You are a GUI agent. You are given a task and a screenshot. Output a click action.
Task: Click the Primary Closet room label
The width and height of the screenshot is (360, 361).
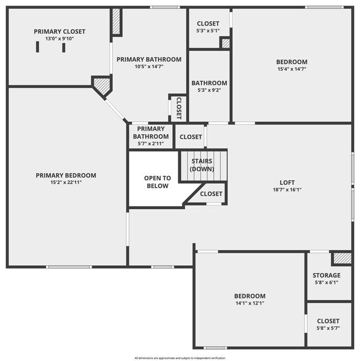click(x=60, y=32)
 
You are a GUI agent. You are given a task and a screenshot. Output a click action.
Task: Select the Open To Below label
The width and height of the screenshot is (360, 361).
click(x=157, y=182)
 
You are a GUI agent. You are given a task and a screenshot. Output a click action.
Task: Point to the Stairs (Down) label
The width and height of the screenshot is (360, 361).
click(x=202, y=165)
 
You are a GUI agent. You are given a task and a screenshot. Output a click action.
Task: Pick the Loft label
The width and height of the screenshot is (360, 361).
click(x=287, y=182)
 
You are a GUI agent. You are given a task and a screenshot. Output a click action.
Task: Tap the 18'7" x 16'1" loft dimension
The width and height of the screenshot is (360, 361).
click(x=287, y=189)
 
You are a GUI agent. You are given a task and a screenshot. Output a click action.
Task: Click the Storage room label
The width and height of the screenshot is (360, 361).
click(x=326, y=275)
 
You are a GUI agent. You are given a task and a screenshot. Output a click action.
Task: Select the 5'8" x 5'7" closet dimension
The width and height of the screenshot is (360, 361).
click(x=328, y=328)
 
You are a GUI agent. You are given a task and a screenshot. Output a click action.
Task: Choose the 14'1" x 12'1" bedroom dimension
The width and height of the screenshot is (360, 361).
click(x=249, y=303)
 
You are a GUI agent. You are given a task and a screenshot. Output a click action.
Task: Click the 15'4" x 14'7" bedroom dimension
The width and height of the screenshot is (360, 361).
click(x=291, y=69)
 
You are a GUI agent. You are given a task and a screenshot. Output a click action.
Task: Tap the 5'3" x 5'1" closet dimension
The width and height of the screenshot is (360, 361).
click(x=208, y=30)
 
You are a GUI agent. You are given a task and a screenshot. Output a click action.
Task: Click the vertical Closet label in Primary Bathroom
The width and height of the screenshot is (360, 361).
click(x=179, y=108)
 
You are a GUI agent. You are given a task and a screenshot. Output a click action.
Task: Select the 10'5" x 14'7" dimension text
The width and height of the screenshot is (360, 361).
click(x=149, y=66)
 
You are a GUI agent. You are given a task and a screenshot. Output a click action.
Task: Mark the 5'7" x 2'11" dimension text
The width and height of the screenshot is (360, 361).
click(x=151, y=144)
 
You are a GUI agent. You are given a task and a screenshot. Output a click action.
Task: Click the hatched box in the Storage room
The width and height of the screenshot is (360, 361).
click(x=342, y=258)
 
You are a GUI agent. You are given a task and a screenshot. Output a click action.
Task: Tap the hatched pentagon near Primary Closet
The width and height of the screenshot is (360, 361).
click(x=101, y=86)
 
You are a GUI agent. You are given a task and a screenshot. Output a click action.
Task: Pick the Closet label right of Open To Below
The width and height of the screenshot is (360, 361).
click(x=211, y=194)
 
